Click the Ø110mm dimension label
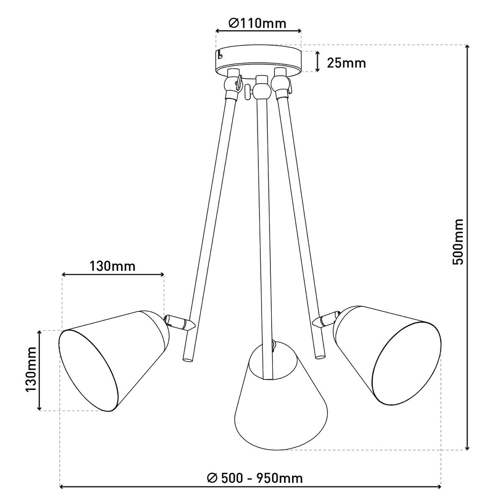pyautogui.click(x=257, y=23)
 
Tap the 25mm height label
pyautogui.click(x=346, y=63)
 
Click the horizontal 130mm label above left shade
pyautogui.click(x=112, y=267)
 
